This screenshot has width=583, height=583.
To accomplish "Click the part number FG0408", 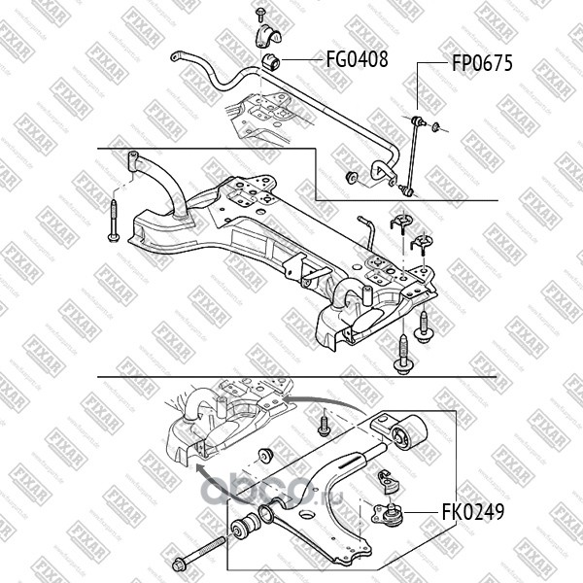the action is pos(356,59).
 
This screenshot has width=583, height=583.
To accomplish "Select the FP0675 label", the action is pos(481,65).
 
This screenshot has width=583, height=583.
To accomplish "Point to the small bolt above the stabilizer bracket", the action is pos(261,13).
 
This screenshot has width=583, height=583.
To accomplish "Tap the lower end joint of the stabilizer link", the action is pos(406,189).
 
